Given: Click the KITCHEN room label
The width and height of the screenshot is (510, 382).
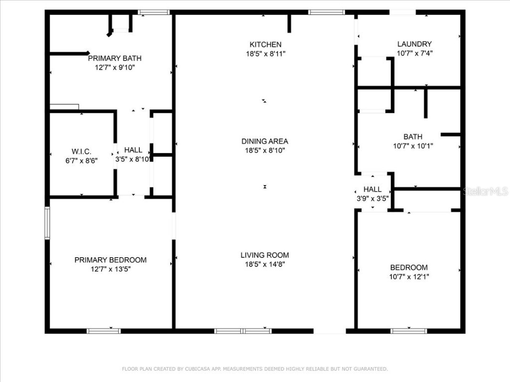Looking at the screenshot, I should pyautogui.click(x=265, y=44).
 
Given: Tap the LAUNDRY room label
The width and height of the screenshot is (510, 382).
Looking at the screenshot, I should pyautogui.click(x=414, y=44).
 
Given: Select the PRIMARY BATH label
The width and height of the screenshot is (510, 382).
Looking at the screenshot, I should pyautogui.click(x=115, y=58).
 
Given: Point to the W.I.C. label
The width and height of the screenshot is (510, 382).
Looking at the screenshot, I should pyautogui.click(x=81, y=151).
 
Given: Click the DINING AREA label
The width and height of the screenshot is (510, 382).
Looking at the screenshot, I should pyautogui.click(x=264, y=141).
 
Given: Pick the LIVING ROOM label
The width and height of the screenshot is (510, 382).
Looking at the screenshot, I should pyautogui.click(x=264, y=255).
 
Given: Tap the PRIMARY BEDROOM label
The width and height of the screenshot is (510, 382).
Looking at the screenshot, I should pyautogui.click(x=111, y=260).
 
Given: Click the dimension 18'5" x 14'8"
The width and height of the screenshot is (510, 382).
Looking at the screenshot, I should pyautogui.click(x=264, y=265).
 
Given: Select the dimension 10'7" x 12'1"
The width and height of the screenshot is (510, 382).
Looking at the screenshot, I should pyautogui.click(x=409, y=277).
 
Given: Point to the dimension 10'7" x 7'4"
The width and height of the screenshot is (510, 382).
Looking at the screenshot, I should pyautogui.click(x=414, y=53).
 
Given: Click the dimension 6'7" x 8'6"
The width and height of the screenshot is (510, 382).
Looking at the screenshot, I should pyautogui.click(x=81, y=160).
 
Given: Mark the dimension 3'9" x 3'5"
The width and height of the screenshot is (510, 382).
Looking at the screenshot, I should pyautogui.click(x=373, y=198).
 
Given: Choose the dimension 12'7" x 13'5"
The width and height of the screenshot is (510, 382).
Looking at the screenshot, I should pyautogui.click(x=111, y=269).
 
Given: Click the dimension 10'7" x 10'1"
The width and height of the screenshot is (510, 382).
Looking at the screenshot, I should pyautogui.click(x=413, y=146).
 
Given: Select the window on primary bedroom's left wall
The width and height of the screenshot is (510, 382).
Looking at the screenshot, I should pyautogui.click(x=47, y=223).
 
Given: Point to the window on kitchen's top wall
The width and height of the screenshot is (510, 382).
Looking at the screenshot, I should pyautogui.click(x=326, y=12).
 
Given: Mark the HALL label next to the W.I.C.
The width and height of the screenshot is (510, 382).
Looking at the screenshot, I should pyautogui.click(x=133, y=150).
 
